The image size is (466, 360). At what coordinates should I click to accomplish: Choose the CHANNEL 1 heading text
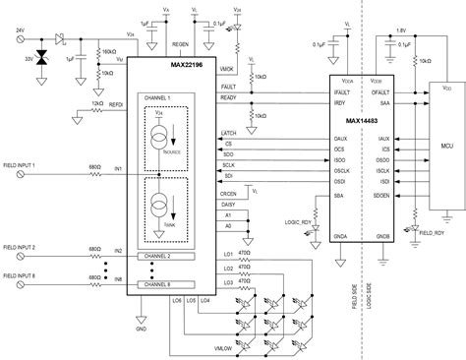click(159, 99)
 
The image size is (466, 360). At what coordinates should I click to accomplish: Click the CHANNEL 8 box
click(162, 283)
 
